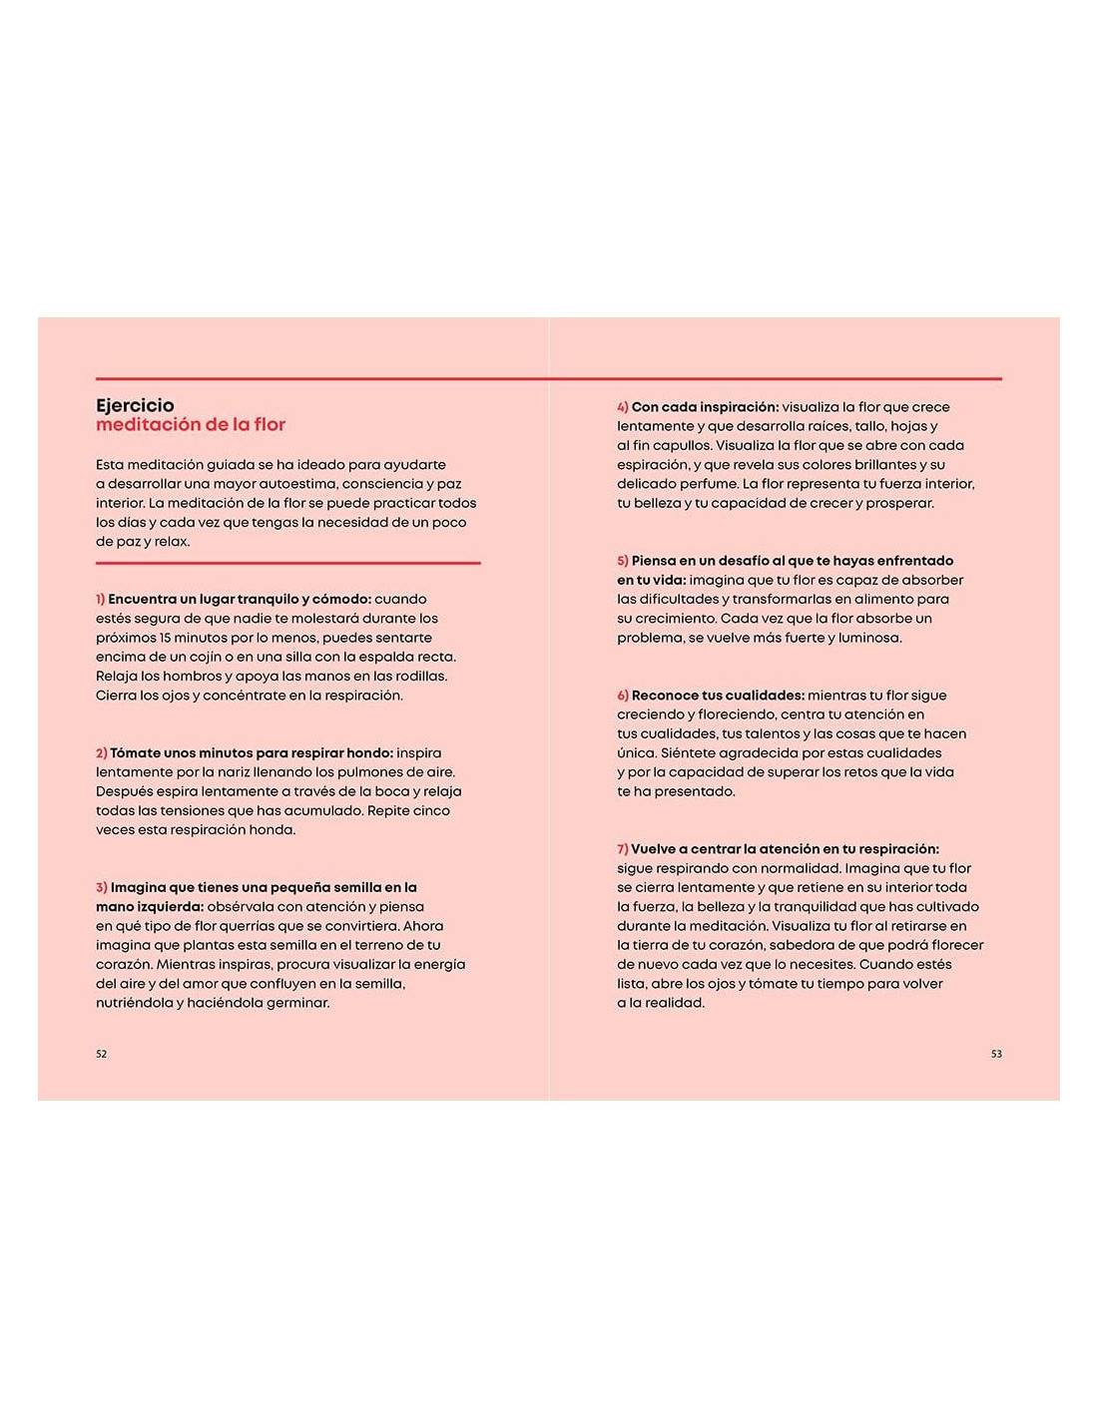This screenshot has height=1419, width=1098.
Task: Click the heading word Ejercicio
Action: [135, 405]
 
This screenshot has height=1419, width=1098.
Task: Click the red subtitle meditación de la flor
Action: [191, 425]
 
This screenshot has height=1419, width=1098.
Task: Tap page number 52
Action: [101, 1054]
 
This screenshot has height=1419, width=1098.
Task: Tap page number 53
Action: [996, 1054]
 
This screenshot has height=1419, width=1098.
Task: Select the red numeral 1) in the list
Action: [101, 599]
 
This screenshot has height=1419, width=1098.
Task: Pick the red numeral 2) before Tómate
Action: [102, 753]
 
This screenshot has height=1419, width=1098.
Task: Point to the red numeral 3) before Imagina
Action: [102, 887]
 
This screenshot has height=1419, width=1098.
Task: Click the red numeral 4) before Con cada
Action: [623, 407]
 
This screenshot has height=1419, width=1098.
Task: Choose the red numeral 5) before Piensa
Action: [623, 561]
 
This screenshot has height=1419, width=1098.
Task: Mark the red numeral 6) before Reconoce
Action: [623, 696]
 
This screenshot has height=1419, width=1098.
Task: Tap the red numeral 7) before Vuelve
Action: [623, 849]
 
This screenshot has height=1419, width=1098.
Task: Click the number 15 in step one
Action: [166, 638]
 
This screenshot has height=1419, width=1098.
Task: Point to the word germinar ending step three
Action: [294, 1003]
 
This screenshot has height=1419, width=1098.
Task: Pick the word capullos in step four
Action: [678, 445]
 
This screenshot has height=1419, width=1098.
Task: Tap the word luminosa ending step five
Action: [869, 638]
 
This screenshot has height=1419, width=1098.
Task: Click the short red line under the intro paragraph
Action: [287, 563]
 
